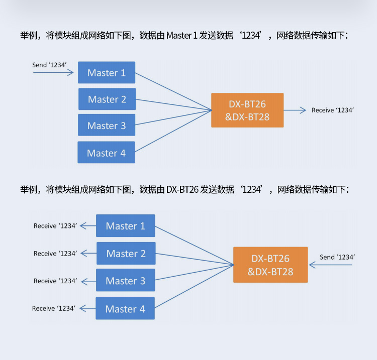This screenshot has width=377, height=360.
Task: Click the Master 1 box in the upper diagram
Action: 107,73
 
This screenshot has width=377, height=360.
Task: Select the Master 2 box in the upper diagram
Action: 107,99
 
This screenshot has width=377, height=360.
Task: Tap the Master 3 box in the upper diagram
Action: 107,126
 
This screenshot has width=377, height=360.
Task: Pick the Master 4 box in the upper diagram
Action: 106,153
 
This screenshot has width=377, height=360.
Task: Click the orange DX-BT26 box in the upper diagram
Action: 247,110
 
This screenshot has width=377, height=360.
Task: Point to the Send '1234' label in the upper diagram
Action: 50,65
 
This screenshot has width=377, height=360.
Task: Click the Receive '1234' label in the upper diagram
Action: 333,110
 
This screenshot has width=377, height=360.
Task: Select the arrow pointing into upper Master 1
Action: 53,72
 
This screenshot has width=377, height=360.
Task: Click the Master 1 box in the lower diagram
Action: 125,226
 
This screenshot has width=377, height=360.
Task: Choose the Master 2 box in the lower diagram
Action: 126,254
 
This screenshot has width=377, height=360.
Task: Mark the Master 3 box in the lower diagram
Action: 125,281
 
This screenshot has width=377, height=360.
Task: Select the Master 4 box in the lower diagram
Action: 125,309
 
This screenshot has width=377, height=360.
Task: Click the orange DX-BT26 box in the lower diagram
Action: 270,265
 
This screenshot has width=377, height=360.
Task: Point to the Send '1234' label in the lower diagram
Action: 338,257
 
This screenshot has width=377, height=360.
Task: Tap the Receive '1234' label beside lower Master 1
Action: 55,226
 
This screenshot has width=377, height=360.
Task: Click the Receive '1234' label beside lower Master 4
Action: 54,308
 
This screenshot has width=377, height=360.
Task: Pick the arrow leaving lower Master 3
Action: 88,281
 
